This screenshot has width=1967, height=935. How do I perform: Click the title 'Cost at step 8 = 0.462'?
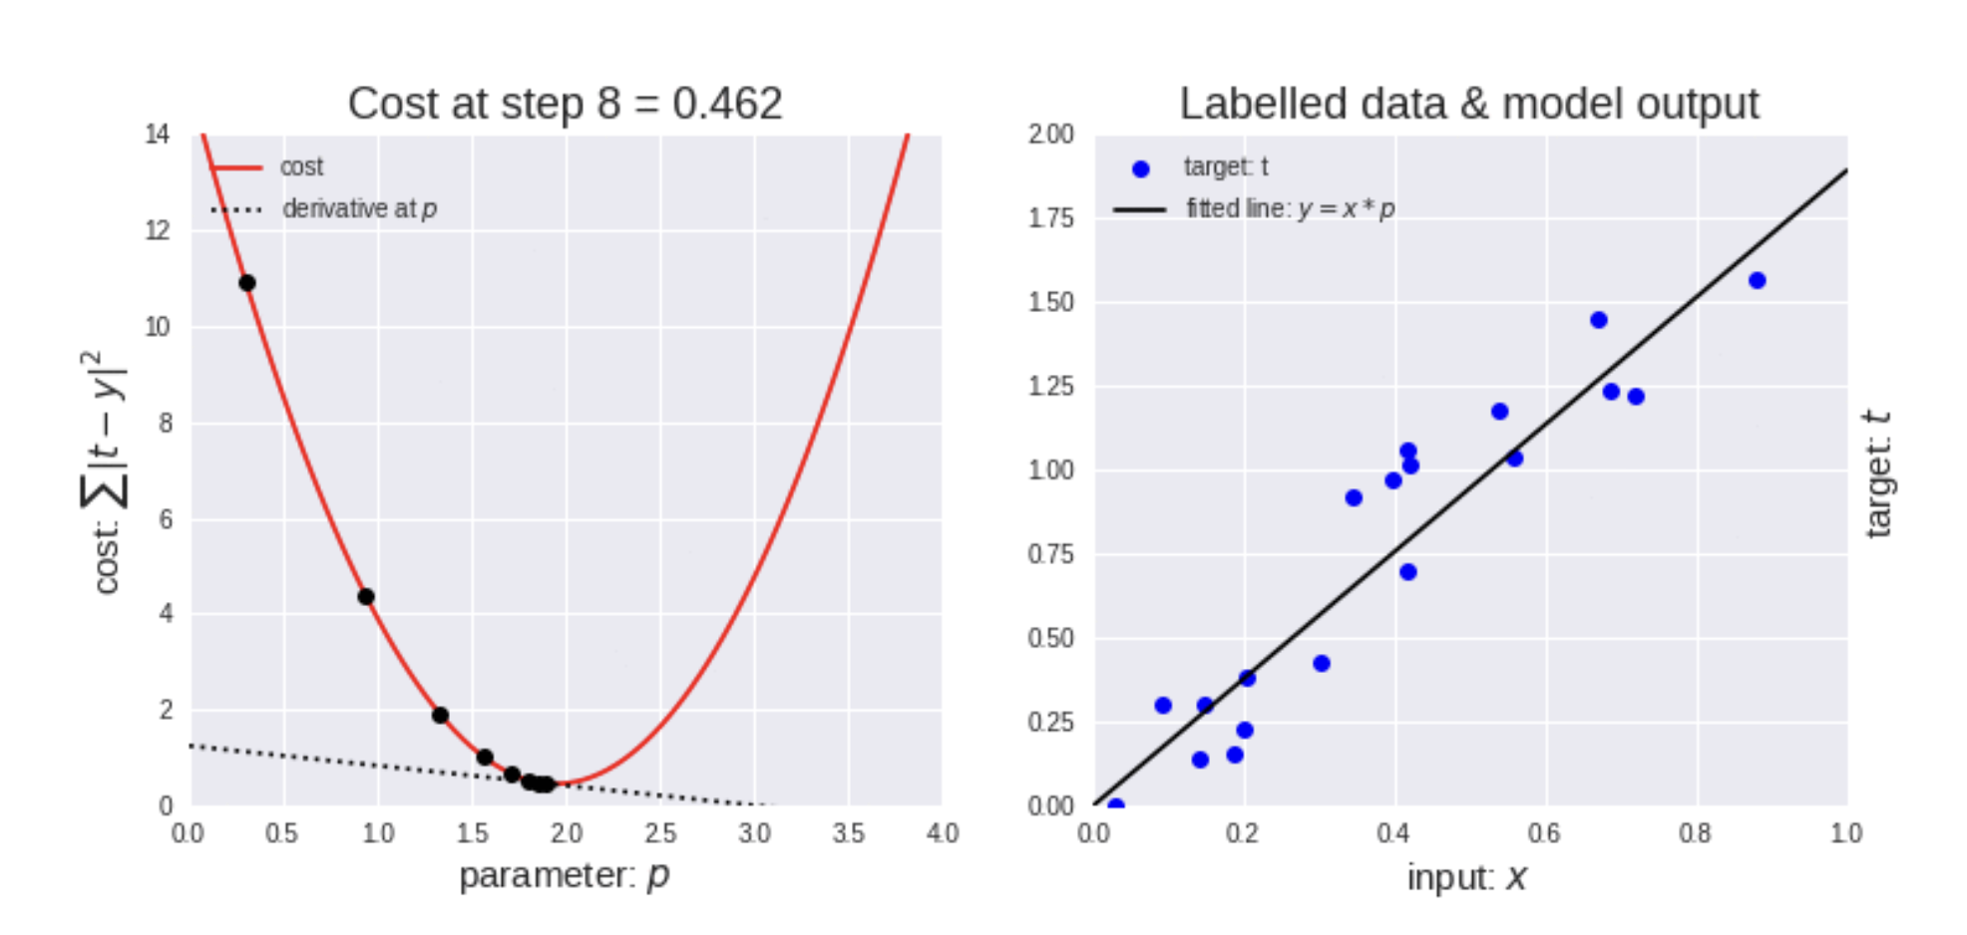(x=565, y=104)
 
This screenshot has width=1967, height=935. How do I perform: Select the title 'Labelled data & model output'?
(x=1469, y=104)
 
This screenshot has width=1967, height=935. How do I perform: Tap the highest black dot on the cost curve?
(x=246, y=283)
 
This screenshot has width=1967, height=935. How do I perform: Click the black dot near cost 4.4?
(x=366, y=596)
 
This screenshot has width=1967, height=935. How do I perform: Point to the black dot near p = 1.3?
(x=440, y=715)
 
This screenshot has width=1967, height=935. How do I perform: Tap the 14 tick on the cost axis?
(x=158, y=135)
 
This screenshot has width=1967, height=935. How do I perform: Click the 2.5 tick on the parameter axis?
(x=659, y=833)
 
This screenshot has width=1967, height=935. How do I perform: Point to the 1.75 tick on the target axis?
(x=1050, y=218)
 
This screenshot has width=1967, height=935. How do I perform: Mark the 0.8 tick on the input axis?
(x=1695, y=833)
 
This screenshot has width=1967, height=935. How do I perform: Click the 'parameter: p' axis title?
(x=564, y=876)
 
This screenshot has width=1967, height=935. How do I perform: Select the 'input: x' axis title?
(x=1466, y=877)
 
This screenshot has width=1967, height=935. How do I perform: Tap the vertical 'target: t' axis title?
(x=1877, y=473)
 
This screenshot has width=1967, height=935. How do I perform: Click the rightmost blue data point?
(x=1757, y=280)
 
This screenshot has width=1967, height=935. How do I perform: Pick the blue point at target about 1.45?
(x=1599, y=320)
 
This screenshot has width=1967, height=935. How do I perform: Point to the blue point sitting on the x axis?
(x=1115, y=805)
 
